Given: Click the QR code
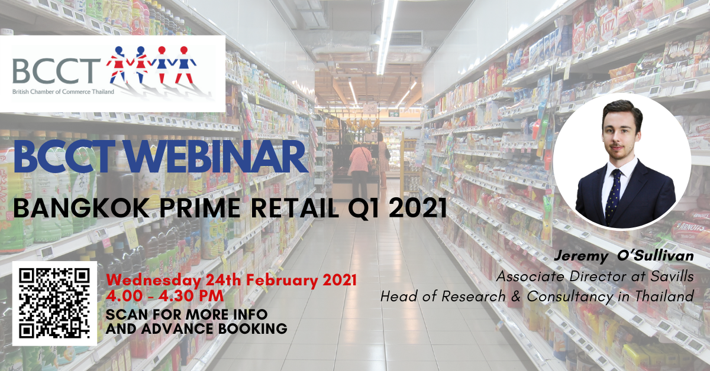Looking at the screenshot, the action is click(54, 303).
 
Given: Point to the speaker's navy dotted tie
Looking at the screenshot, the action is click(612, 196).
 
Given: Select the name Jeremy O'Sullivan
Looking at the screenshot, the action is click(624, 256).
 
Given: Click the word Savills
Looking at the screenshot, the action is click(672, 276).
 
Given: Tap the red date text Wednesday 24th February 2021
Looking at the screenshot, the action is click(231, 280).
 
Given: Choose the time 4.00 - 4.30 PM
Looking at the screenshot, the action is click(165, 297).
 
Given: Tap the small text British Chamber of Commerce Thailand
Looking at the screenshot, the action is click(63, 92).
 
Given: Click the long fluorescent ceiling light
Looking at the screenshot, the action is click(386, 37).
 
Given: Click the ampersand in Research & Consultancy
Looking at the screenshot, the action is click(516, 297).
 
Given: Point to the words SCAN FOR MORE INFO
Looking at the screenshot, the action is click(187, 315).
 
